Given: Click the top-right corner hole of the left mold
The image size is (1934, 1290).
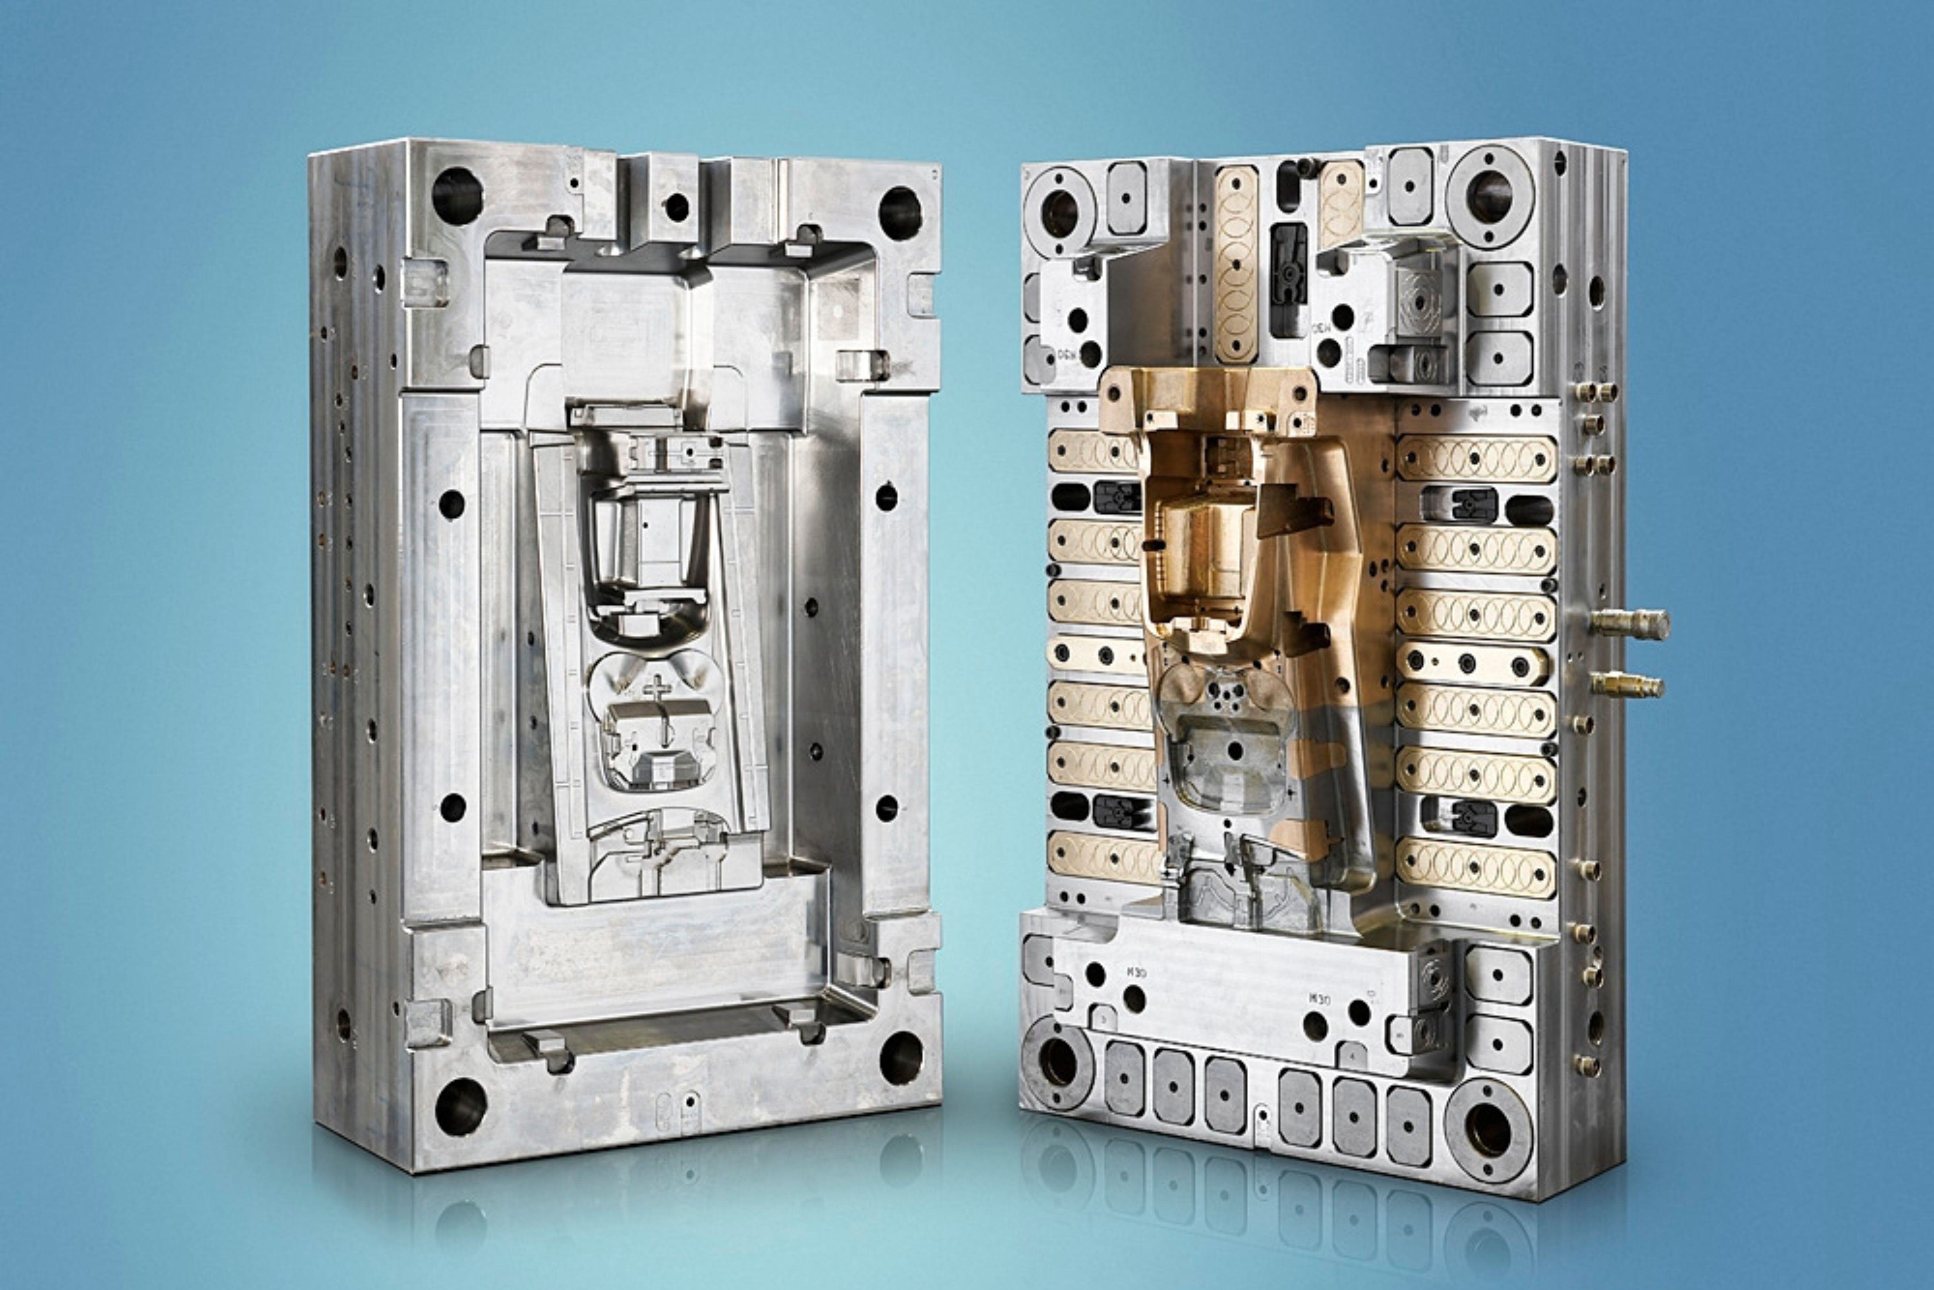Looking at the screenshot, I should click(x=900, y=213).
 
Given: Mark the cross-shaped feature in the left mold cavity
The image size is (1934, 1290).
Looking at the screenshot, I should click(x=658, y=687).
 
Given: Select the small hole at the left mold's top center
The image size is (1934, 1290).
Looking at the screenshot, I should click(x=676, y=206).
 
